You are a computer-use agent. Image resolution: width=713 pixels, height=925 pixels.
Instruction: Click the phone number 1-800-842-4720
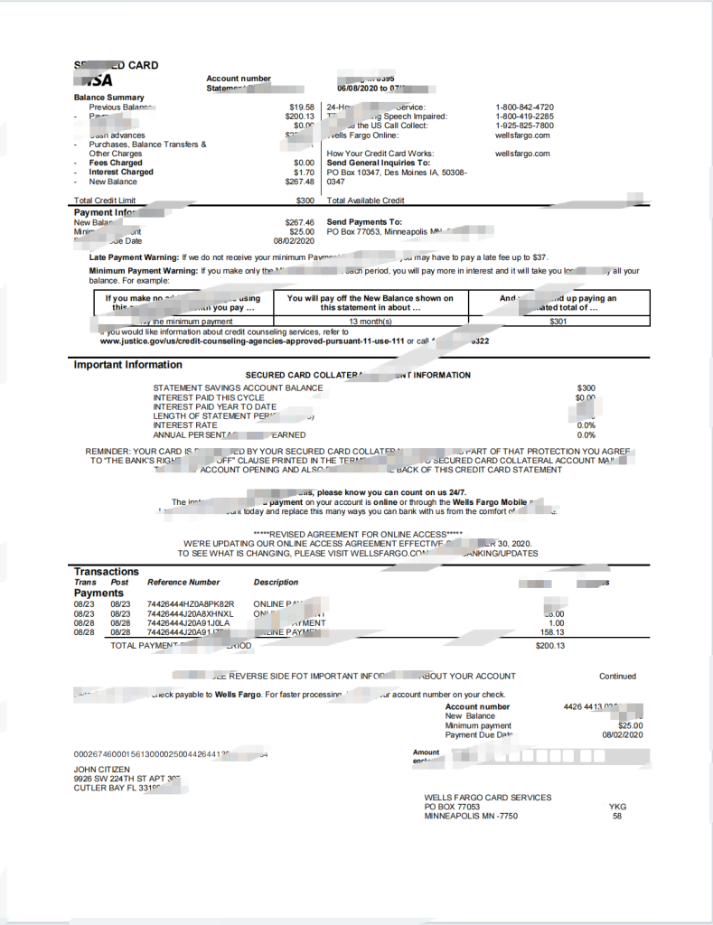click(524, 107)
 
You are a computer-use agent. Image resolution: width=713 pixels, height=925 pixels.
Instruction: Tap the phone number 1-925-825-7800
click(524, 126)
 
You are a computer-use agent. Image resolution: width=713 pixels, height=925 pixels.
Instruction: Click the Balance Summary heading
click(108, 98)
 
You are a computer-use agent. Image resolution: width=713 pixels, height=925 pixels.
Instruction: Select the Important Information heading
click(127, 365)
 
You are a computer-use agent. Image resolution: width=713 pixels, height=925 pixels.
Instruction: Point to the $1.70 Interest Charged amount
click(304, 172)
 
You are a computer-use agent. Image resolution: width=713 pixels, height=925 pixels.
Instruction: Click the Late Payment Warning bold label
click(134, 257)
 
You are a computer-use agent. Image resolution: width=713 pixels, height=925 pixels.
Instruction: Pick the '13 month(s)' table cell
click(370, 322)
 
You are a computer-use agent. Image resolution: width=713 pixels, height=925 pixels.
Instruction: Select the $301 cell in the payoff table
click(558, 322)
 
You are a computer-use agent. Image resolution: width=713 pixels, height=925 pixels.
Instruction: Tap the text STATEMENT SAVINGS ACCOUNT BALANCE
click(238, 388)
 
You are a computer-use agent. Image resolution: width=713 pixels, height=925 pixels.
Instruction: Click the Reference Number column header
click(183, 583)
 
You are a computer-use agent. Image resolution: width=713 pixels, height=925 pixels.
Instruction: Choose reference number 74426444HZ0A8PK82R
click(191, 603)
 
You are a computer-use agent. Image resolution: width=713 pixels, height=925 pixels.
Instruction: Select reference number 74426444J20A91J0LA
click(188, 622)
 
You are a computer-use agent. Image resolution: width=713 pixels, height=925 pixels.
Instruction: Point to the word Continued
click(617, 676)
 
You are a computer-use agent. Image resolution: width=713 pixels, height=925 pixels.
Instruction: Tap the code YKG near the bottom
click(617, 807)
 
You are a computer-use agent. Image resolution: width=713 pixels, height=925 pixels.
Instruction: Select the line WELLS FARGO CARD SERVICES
click(488, 798)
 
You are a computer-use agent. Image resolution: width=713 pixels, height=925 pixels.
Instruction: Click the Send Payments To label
click(364, 222)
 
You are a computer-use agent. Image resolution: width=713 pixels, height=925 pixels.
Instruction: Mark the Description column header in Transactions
click(276, 583)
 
